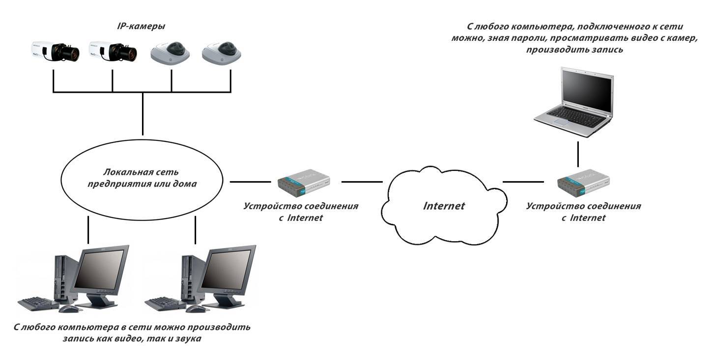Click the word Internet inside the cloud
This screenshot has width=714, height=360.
(x=444, y=205)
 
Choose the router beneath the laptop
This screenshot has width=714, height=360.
(x=583, y=183)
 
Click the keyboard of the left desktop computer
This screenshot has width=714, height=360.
(x=38, y=303)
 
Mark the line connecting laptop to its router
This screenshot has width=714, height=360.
(x=578, y=154)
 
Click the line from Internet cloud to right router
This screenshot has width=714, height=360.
(x=524, y=182)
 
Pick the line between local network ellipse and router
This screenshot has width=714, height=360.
(x=251, y=182)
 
